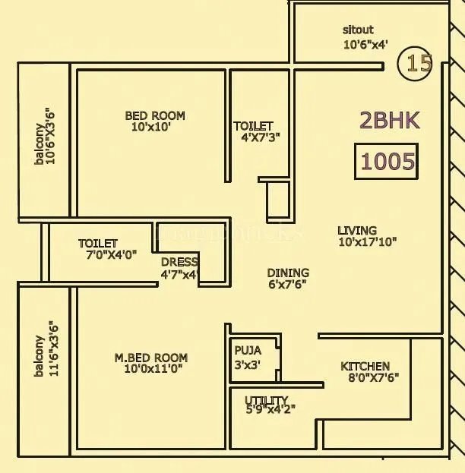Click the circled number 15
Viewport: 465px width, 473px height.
[417, 63]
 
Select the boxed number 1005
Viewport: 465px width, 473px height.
[387, 161]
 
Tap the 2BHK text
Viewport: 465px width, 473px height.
[389, 120]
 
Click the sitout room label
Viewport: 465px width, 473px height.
[358, 30]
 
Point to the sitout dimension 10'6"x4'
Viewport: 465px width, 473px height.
[365, 45]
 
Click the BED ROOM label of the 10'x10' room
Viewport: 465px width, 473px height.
[155, 115]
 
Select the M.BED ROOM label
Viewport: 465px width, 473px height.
[151, 358]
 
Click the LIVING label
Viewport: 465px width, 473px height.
[357, 231]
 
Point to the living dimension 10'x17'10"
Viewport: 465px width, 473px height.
[368, 243]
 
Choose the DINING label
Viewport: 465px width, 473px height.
[288, 273]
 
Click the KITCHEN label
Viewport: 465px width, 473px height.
[365, 366]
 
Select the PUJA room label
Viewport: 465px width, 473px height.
[248, 351]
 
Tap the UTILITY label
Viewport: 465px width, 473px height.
[266, 400]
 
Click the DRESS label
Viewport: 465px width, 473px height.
[179, 263]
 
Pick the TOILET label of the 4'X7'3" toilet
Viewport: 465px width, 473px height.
[253, 126]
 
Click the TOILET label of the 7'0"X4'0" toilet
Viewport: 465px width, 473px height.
[98, 244]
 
